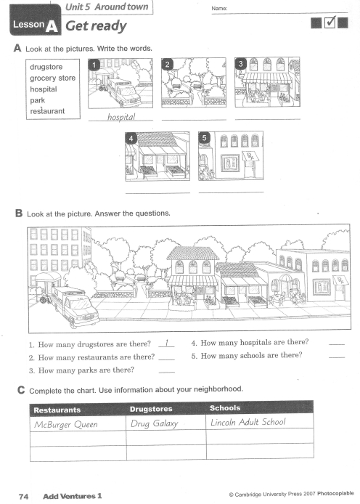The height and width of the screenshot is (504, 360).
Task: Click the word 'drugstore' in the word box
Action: (46, 67)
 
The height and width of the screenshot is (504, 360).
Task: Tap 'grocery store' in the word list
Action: (53, 78)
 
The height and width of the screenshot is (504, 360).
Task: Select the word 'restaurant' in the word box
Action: (47, 111)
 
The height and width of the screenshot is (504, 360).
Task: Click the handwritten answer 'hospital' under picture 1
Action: (121, 117)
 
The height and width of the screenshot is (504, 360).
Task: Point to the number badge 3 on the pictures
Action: (240, 64)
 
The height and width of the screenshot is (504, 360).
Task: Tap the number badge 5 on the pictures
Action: (204, 138)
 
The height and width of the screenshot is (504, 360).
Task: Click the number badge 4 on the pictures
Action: (131, 138)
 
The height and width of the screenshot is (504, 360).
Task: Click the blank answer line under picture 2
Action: (194, 120)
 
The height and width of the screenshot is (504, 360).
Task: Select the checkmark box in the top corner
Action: (330, 23)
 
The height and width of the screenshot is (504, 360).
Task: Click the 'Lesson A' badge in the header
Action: (36, 20)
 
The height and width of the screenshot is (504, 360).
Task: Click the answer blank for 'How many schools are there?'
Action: (337, 357)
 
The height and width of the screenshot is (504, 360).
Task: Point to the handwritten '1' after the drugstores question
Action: (167, 343)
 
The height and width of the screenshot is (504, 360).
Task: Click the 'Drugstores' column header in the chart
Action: (151, 409)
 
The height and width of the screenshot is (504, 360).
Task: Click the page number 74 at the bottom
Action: (23, 497)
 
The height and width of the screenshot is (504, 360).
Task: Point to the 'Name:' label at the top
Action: (219, 9)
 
